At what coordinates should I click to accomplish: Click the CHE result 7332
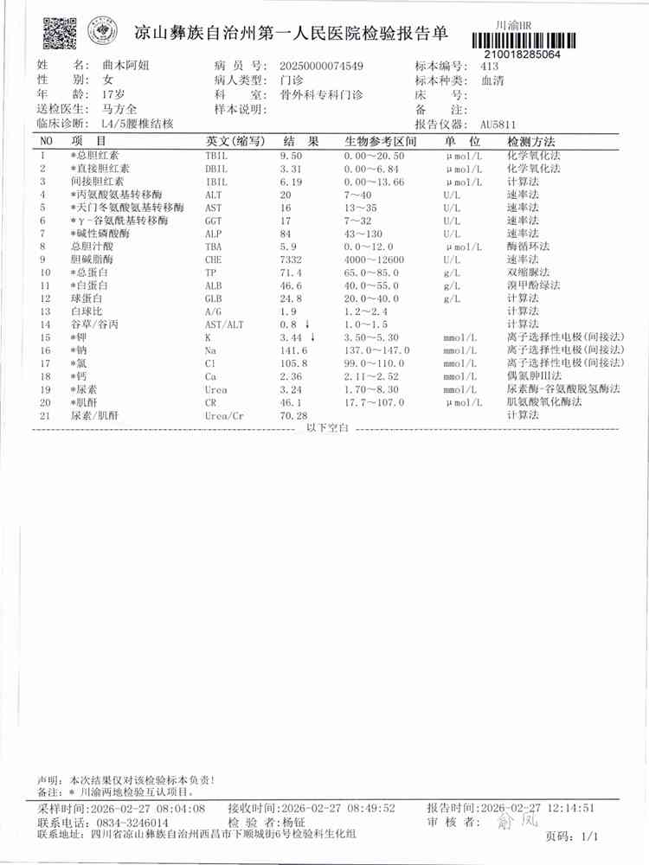click(292, 259)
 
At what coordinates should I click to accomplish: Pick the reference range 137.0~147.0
click(376, 349)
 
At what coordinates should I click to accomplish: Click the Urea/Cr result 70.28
click(294, 416)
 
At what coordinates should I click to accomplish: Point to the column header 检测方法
click(530, 141)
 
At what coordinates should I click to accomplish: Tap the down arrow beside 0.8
click(309, 324)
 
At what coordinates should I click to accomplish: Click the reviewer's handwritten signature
click(510, 822)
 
